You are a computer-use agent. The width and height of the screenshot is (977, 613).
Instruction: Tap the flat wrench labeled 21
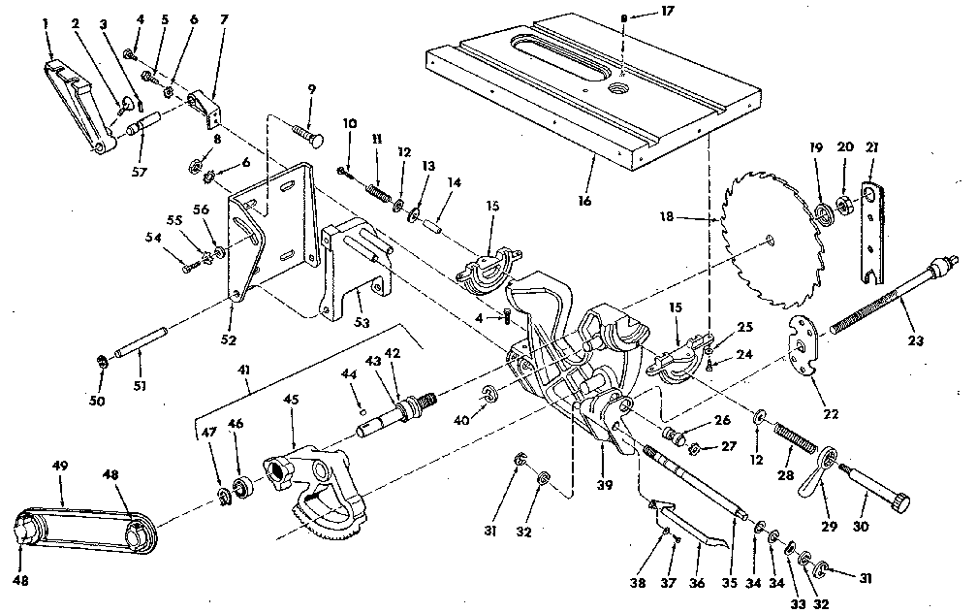tap(875, 234)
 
